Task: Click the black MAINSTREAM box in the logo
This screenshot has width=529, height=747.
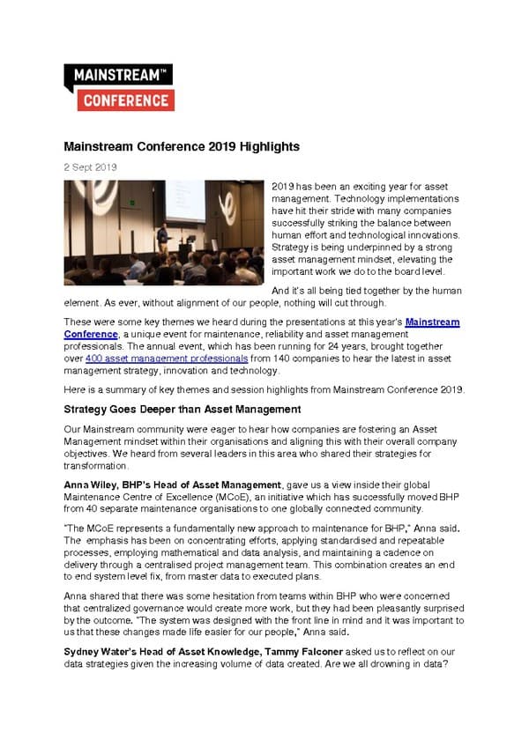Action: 117,76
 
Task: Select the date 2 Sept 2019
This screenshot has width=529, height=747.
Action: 90,166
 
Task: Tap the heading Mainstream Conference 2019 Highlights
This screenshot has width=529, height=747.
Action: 182,146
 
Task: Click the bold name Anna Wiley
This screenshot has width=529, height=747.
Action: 91,484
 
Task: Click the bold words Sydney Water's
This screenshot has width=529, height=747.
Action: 101,651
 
